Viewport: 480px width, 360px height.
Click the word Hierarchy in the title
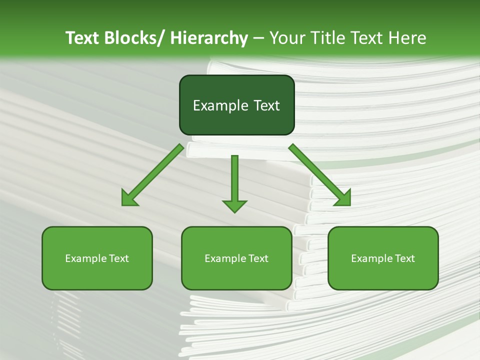pos(209,38)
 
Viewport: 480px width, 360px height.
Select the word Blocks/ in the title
pos(134,38)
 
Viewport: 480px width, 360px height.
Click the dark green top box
pos(236,105)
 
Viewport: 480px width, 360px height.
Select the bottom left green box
pos(97,258)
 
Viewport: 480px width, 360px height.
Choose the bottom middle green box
pos(236,258)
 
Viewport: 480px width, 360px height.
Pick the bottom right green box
pos(383,258)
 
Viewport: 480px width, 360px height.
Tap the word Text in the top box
pos(266,105)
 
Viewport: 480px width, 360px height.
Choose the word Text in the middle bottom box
pos(258,258)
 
